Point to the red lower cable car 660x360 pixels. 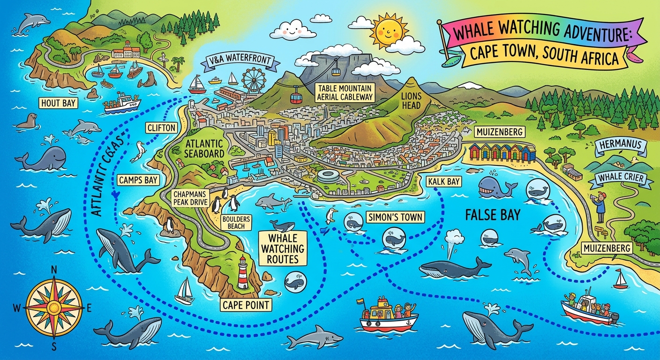(295, 98)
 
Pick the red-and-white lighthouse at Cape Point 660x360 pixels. (243, 273)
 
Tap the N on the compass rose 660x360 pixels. (53, 270)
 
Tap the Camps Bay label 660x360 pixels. (138, 180)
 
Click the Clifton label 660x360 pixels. (161, 127)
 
